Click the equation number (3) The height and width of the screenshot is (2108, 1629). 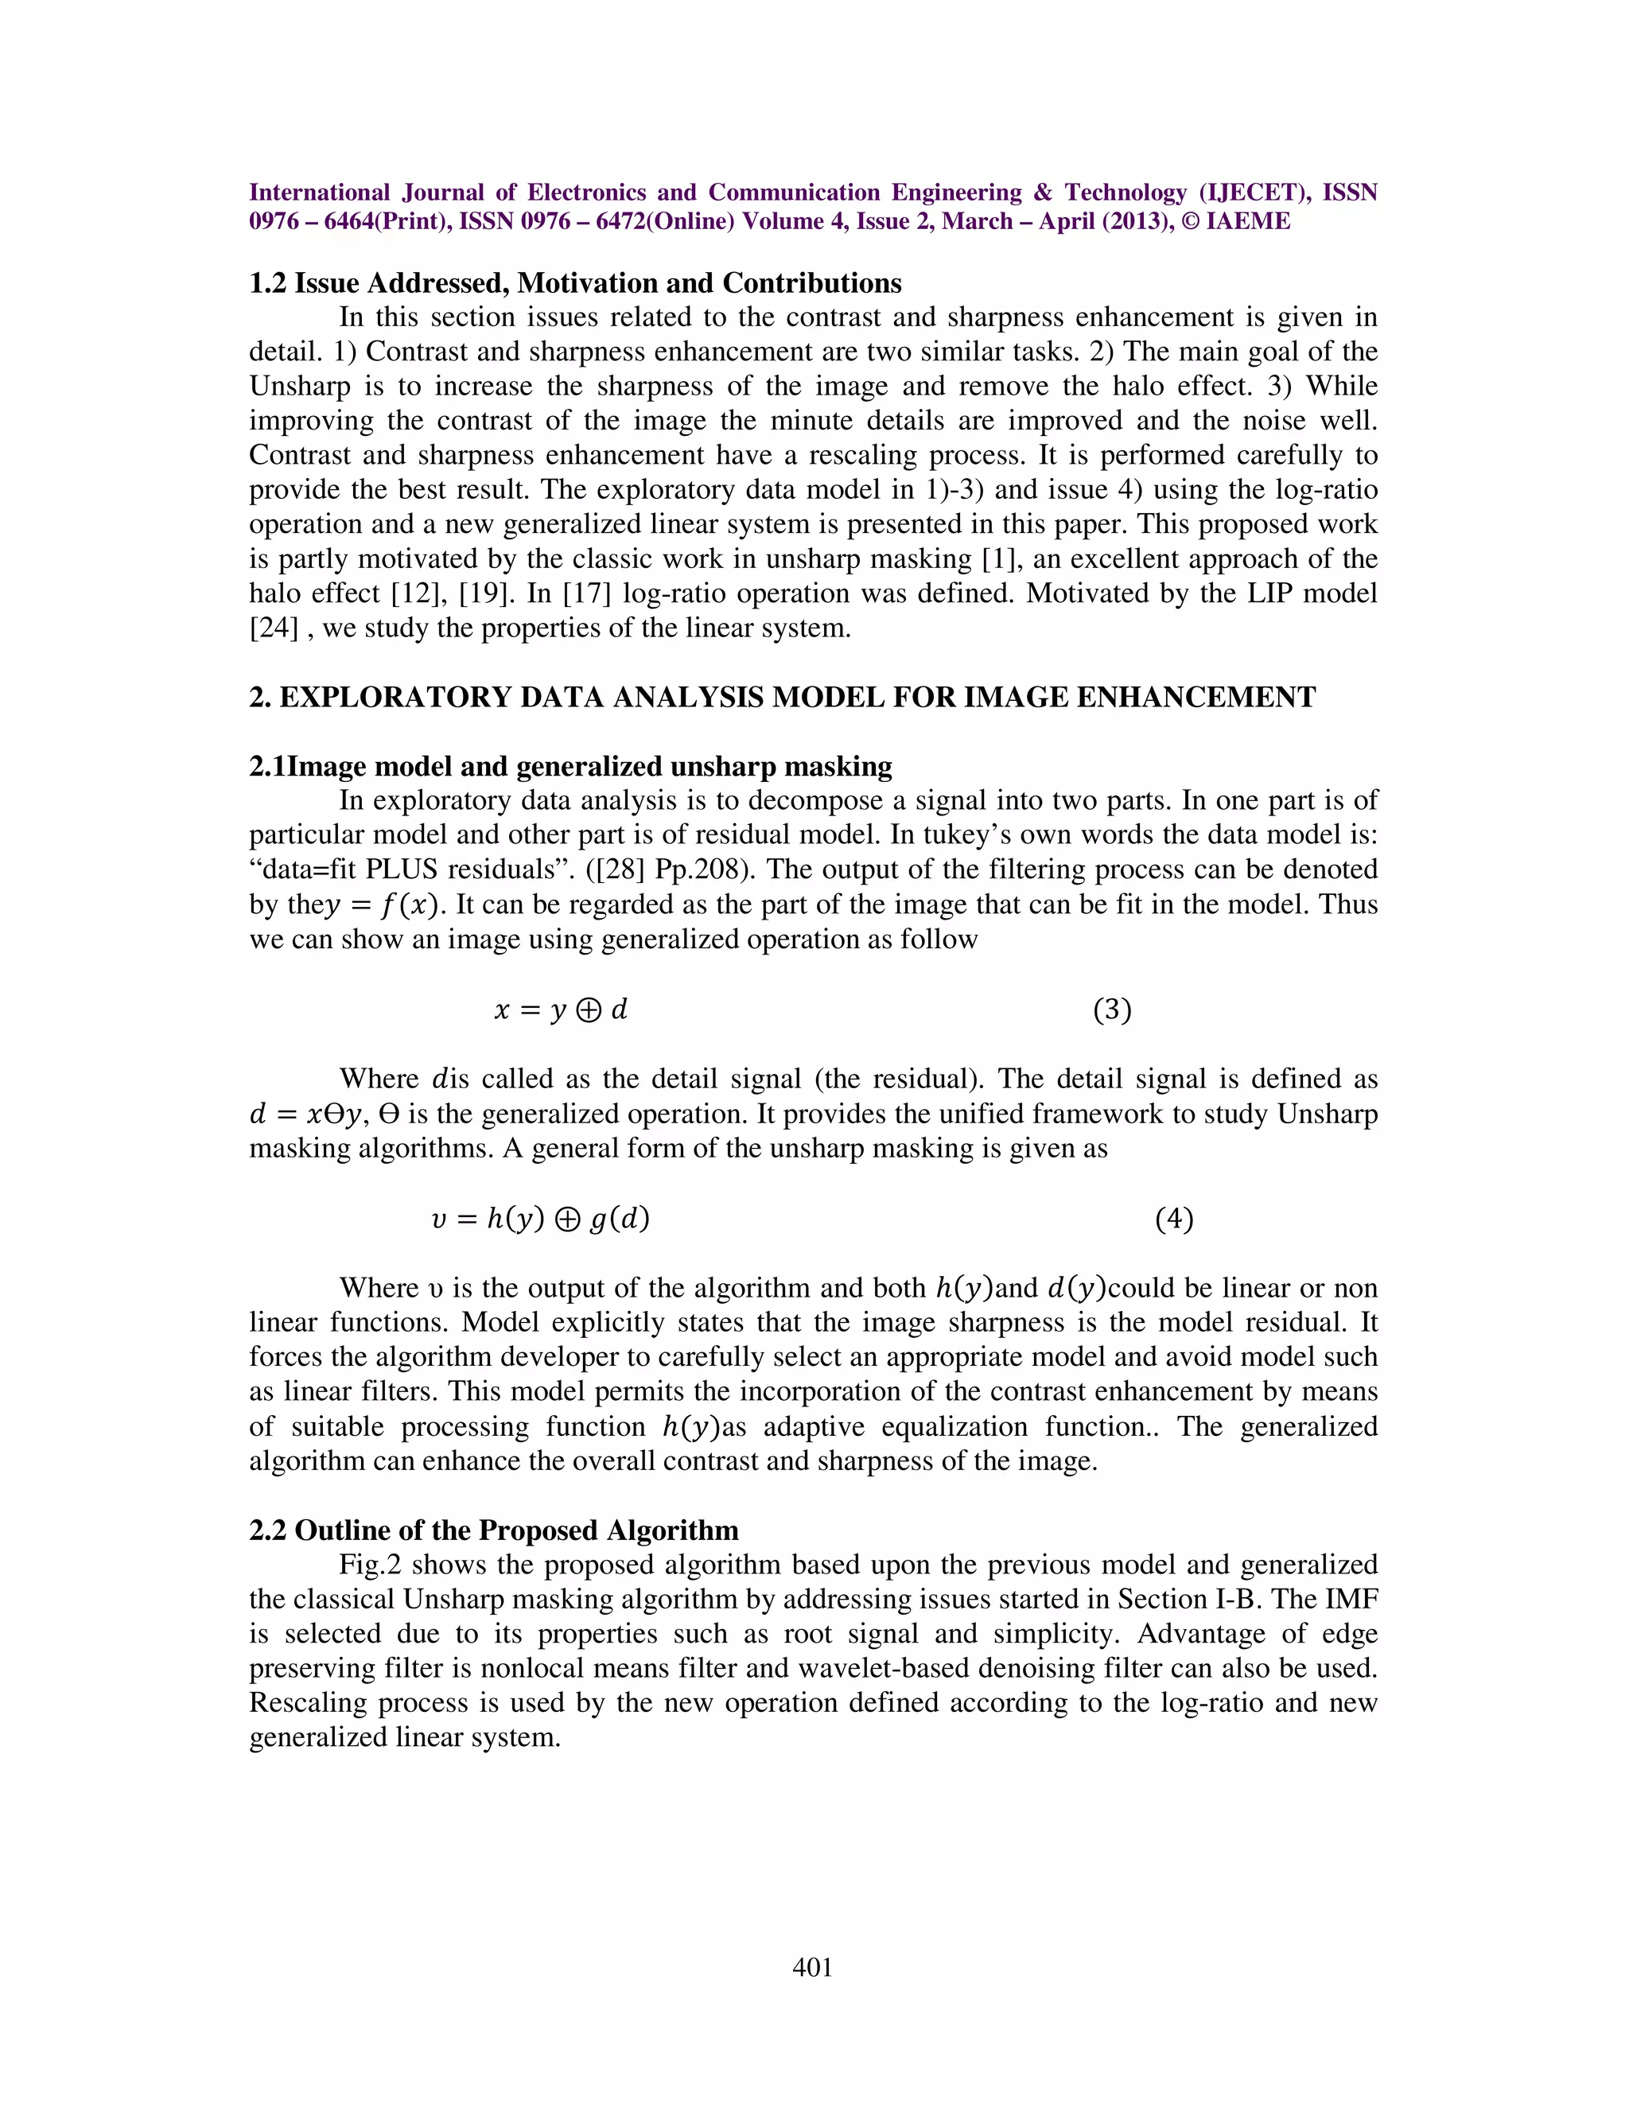1112,1009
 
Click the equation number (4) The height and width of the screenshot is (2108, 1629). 1173,1219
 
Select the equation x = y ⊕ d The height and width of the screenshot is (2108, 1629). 561,1009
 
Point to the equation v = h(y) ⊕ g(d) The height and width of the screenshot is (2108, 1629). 540,1219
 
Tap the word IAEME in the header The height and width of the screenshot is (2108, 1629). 1247,221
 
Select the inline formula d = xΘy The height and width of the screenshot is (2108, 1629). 305,1114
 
